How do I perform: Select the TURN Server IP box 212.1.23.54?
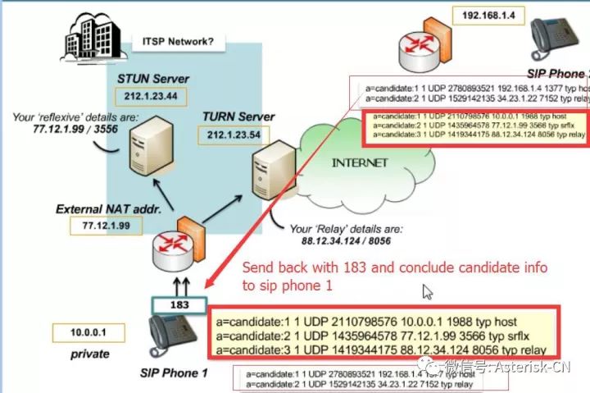(234, 134)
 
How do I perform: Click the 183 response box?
(180, 305)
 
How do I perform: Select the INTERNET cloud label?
(359, 162)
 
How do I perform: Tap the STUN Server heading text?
(152, 79)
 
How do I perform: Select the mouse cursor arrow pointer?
(428, 291)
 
